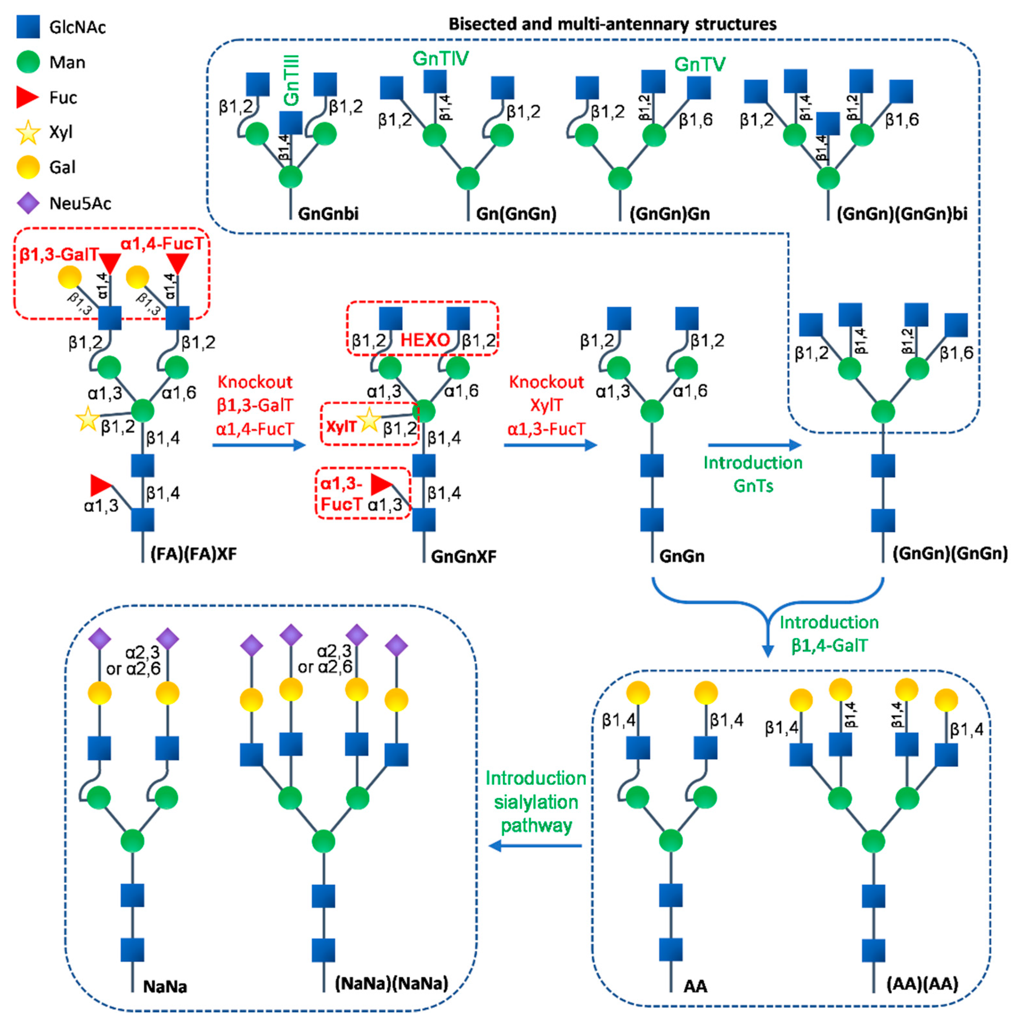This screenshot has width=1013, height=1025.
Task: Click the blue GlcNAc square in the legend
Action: (28, 27)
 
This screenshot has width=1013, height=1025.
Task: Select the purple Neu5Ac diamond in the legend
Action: (28, 203)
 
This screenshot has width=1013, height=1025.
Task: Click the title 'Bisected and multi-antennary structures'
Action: (613, 24)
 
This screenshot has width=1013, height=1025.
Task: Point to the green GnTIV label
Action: (440, 58)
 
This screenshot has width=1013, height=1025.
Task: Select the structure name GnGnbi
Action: (328, 214)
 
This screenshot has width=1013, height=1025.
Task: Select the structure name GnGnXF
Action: (464, 557)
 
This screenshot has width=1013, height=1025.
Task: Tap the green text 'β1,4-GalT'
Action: (830, 646)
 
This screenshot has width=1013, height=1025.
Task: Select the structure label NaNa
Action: (165, 987)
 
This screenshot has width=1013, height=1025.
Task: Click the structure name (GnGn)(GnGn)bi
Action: (902, 214)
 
